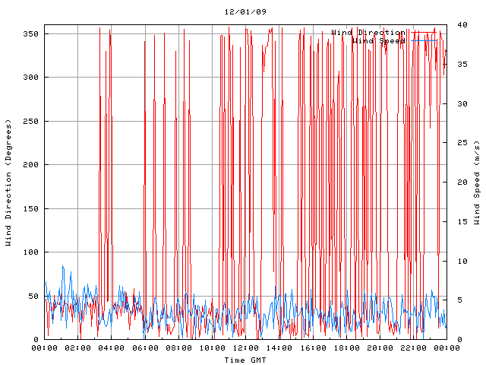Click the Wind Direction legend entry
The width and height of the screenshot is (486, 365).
[x=368, y=33]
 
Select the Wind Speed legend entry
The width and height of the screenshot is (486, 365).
[x=378, y=41]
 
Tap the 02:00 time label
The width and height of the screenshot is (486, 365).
[x=78, y=348]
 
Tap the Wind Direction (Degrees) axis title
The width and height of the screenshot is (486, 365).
[x=9, y=182]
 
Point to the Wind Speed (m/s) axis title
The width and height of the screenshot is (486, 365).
[x=477, y=182]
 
